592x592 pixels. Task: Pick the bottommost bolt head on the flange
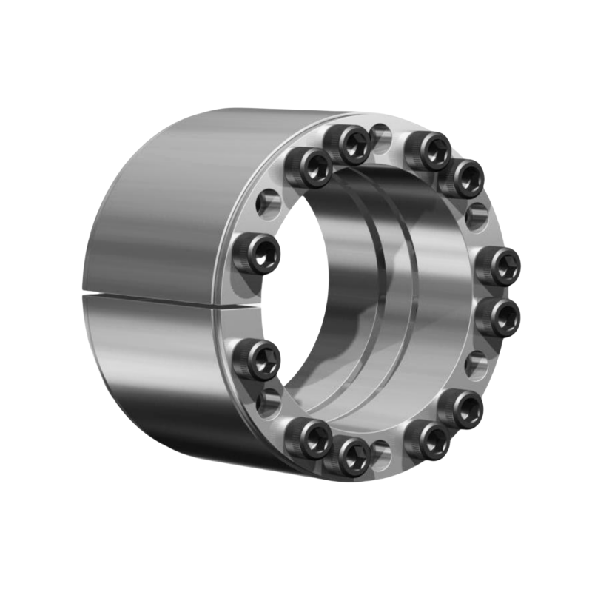(x=351, y=451)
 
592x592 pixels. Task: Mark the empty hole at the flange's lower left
(x=272, y=400)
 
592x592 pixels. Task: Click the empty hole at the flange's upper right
(x=476, y=214)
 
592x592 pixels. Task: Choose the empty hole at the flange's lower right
(x=476, y=364)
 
